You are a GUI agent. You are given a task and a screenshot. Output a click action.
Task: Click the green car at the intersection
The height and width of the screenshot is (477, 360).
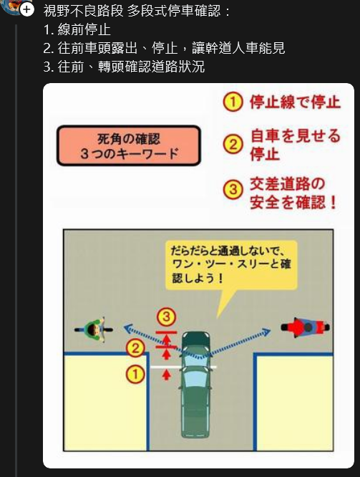click(196, 385)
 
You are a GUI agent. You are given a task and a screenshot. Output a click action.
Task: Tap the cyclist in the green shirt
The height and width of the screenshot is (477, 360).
click(94, 329)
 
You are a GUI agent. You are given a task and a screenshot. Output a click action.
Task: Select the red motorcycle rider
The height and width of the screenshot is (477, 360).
click(305, 327)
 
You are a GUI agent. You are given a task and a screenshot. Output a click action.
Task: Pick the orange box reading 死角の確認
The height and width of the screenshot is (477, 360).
click(129, 145)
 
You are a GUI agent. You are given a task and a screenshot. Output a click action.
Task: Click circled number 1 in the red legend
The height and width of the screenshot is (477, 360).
click(233, 102)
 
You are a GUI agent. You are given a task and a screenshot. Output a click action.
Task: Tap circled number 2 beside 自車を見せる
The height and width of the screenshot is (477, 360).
click(233, 144)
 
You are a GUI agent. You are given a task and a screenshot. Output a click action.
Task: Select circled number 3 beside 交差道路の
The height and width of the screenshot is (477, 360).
click(233, 189)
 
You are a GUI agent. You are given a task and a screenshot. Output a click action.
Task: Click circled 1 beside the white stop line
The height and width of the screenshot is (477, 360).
click(135, 374)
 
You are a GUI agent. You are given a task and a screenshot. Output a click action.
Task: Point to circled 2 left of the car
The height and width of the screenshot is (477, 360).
click(135, 348)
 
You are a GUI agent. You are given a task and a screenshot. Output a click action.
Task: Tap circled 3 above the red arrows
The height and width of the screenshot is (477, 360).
click(166, 317)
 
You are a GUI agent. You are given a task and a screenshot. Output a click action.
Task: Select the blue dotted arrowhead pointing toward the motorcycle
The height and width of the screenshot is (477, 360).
click(266, 332)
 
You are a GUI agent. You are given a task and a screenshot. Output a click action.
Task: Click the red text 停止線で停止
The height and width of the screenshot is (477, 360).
click(295, 102)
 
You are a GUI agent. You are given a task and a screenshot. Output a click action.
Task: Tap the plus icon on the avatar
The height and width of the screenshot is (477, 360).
click(27, 9)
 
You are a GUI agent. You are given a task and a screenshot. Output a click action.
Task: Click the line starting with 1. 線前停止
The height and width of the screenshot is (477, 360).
click(77, 29)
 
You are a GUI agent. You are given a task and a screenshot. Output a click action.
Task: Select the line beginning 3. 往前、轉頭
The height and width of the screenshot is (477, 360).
click(124, 67)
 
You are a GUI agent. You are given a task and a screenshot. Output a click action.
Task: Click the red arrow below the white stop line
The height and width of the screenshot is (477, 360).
click(166, 375)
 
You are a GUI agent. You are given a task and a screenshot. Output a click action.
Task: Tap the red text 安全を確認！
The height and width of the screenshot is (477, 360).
click(293, 202)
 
